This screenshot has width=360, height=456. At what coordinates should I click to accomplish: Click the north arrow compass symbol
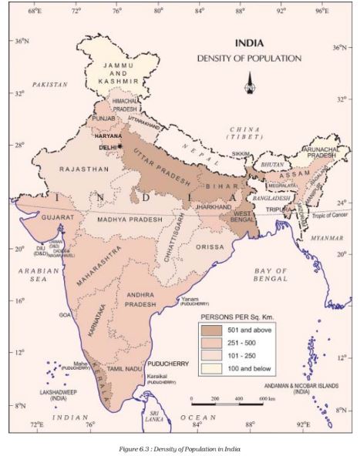250,82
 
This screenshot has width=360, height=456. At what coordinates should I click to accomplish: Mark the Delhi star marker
120,144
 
